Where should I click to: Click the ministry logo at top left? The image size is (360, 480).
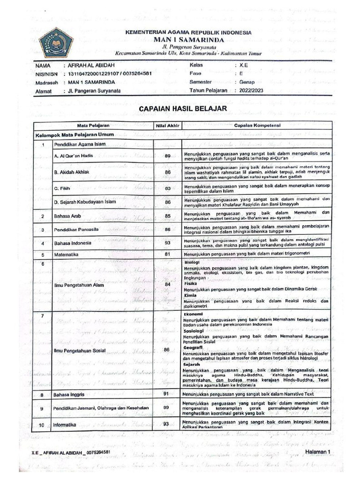click(x=56, y=43)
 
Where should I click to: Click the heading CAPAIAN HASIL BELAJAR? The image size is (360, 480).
click(x=183, y=109)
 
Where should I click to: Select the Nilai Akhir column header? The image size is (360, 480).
click(x=166, y=126)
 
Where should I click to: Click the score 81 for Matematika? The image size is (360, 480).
click(x=166, y=254)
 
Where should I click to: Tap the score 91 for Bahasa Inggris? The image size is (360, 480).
click(x=166, y=394)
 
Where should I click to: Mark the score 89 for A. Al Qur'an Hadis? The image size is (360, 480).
click(x=167, y=156)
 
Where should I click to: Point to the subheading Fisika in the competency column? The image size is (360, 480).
click(x=190, y=284)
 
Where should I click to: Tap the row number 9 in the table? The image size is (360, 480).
click(x=42, y=409)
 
